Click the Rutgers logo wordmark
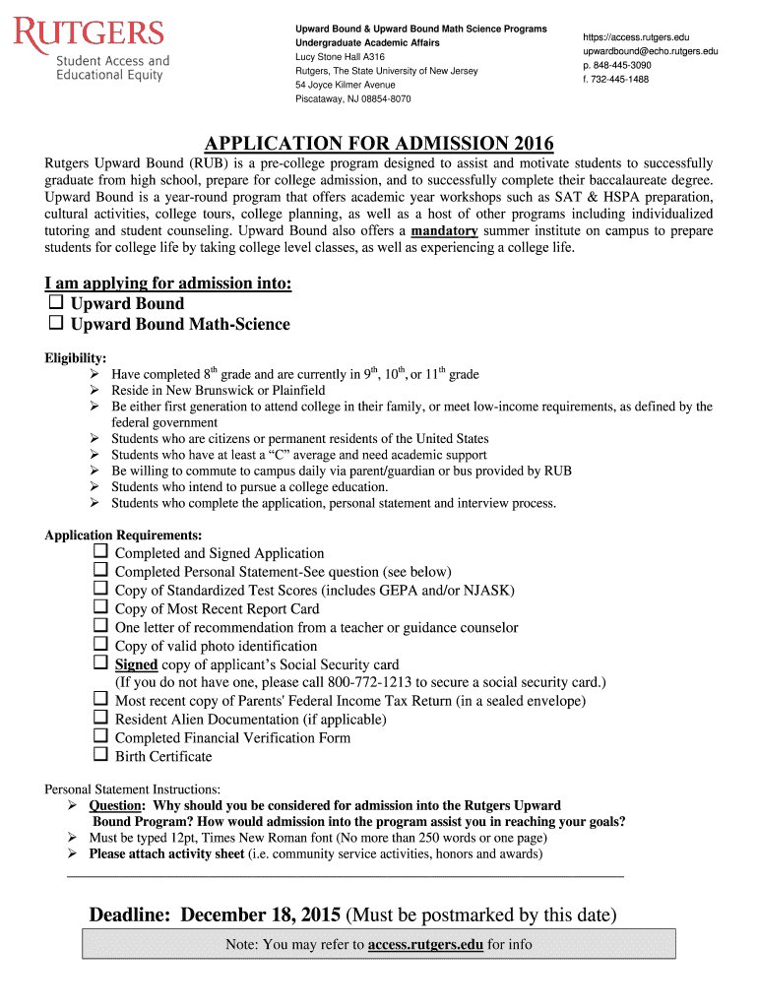tap(89, 34)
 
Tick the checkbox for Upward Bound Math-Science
tap(56, 323)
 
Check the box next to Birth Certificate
tap(100, 755)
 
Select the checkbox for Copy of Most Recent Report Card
tap(100, 607)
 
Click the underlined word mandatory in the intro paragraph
tap(445, 230)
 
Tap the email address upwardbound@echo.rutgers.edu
tap(650, 51)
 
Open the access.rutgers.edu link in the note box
tap(425, 945)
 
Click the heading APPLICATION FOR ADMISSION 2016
tap(379, 143)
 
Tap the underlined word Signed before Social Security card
tap(136, 664)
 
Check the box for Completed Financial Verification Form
tap(100, 736)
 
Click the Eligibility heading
tap(76, 358)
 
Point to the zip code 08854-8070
tap(378, 99)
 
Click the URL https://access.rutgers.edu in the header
tap(636, 36)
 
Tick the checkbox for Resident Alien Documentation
tap(100, 718)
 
